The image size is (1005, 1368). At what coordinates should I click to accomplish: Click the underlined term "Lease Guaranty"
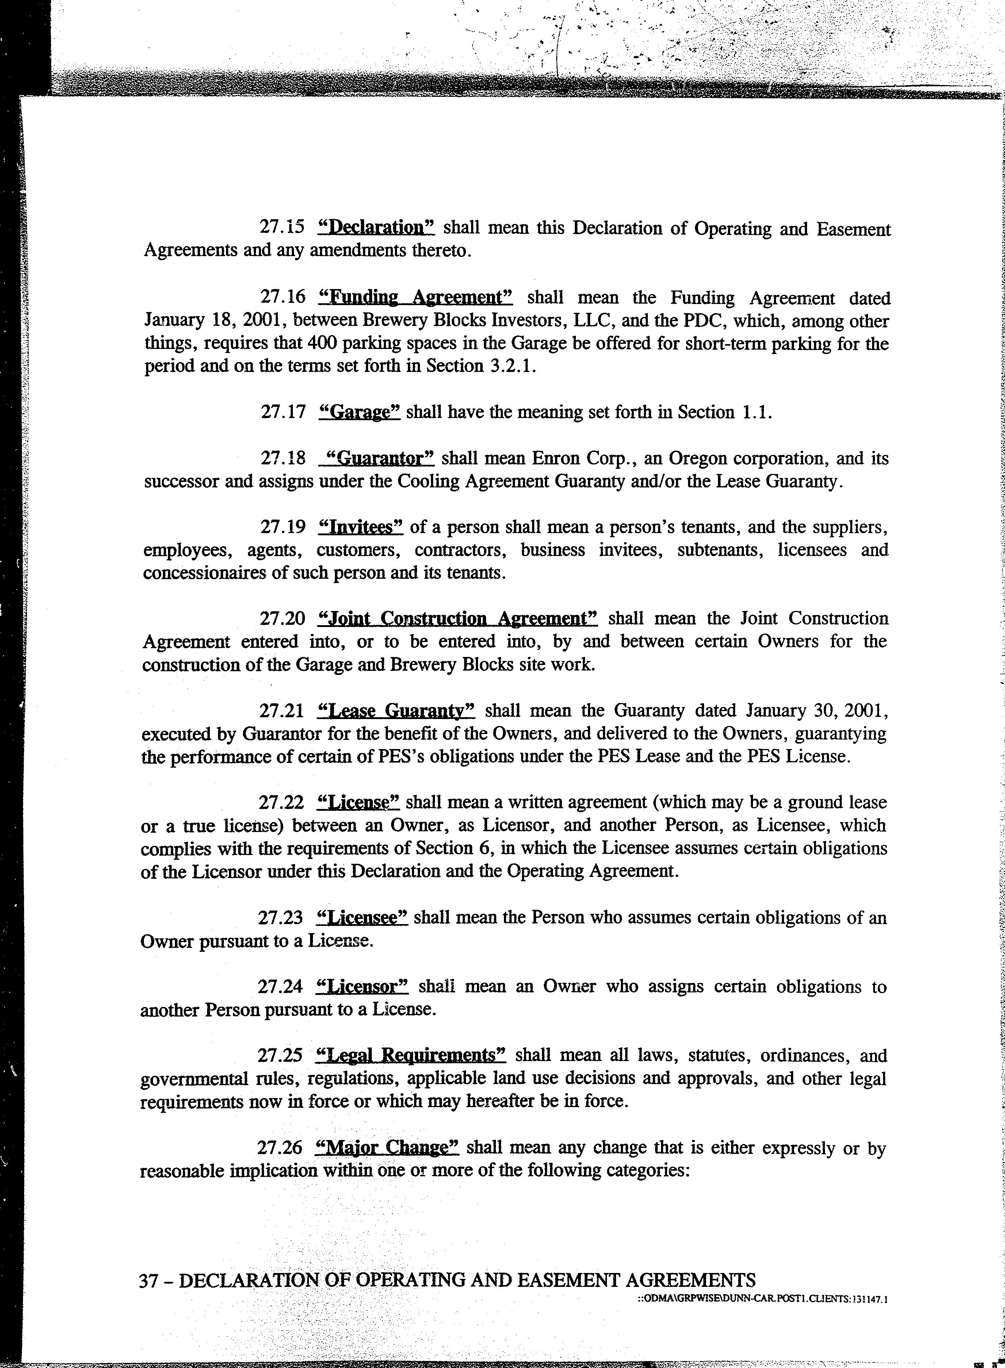point(396,711)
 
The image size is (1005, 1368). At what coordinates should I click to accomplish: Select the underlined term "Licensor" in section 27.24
point(363,987)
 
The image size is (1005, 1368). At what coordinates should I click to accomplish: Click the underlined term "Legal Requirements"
point(412,1055)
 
